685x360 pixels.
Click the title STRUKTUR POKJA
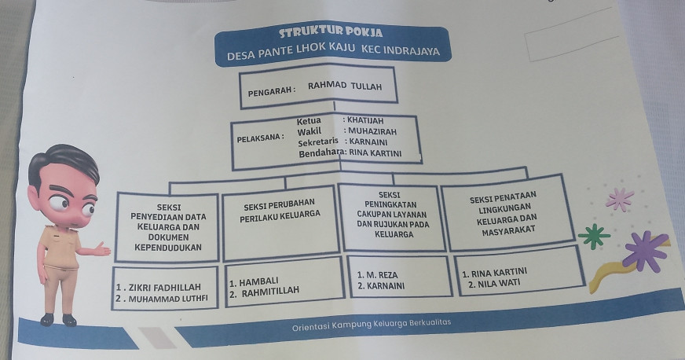(331, 34)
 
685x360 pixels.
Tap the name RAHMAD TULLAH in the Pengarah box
(345, 86)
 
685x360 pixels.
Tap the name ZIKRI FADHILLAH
(158, 287)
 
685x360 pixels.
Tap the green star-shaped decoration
(594, 235)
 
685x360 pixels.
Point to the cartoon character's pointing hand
(100, 250)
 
